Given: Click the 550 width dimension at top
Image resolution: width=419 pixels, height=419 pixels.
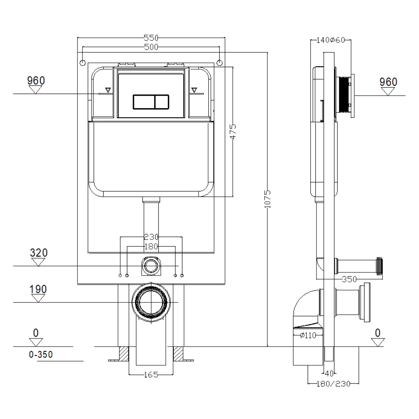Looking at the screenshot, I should click(x=151, y=38).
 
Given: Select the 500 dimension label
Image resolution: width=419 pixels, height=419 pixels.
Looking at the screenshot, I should click(x=151, y=47).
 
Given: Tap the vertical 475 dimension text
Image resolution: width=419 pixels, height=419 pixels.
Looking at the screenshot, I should click(x=233, y=131).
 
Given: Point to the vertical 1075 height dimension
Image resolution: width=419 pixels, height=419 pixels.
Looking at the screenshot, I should click(x=268, y=199).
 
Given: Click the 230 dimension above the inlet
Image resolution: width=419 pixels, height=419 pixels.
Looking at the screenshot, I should click(x=151, y=237).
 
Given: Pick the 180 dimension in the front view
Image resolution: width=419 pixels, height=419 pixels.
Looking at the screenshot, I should click(x=151, y=247).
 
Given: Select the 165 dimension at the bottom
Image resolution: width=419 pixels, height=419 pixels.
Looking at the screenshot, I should click(x=151, y=375).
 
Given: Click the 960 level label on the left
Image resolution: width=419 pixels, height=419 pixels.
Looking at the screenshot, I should click(x=36, y=80).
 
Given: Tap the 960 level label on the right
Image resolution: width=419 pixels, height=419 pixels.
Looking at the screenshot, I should click(x=388, y=82).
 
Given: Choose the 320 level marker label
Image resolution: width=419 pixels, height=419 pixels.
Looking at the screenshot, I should click(x=39, y=253).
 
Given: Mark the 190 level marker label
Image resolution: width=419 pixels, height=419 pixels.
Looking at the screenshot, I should click(x=38, y=289).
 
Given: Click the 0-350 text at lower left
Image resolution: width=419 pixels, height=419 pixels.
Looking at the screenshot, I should click(x=41, y=355).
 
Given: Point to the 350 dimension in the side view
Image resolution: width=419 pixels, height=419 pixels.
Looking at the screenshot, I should click(x=349, y=279).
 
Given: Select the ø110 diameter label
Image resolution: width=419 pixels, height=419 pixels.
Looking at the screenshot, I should click(x=308, y=335).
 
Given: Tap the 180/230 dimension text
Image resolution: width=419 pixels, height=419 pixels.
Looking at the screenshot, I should click(x=333, y=384).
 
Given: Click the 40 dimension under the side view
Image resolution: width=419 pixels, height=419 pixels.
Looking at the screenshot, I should click(x=329, y=374).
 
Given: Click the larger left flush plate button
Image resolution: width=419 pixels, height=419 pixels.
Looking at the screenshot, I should click(x=144, y=102).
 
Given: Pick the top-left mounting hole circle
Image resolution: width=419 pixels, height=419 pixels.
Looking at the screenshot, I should click(x=83, y=63).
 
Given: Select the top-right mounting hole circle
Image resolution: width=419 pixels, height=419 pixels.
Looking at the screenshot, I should click(x=219, y=63).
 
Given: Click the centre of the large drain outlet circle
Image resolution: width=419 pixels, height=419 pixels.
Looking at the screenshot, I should click(x=151, y=302).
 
